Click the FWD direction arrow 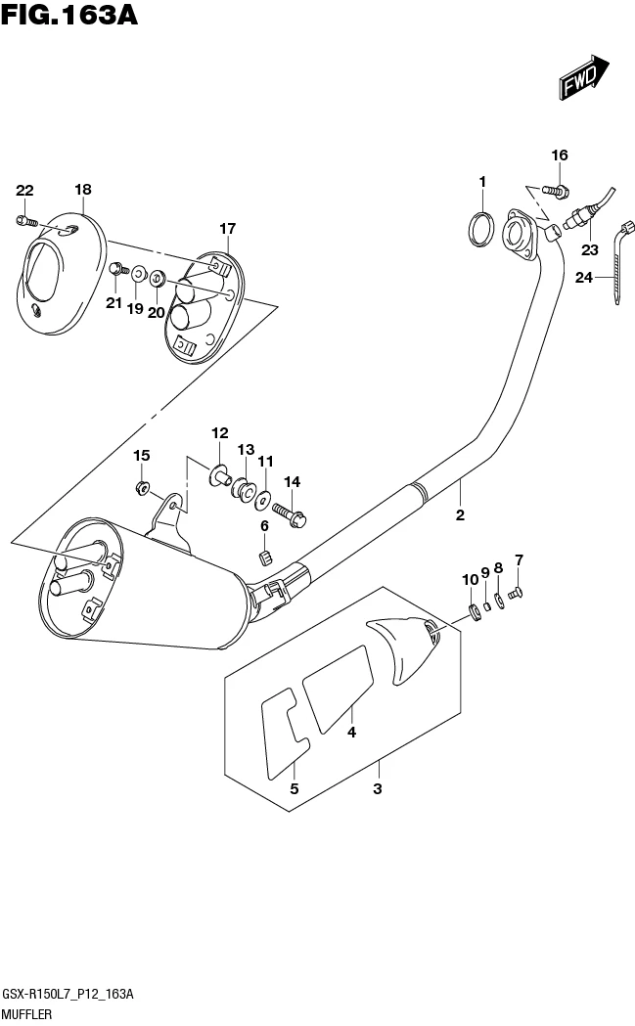[x=586, y=78]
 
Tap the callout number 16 [x=559, y=156]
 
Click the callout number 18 [x=83, y=190]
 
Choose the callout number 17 [x=227, y=229]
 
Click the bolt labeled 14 [x=289, y=512]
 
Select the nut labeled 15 [x=143, y=486]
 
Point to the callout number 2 [x=459, y=514]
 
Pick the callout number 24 [x=584, y=278]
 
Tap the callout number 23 [x=590, y=249]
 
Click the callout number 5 [x=292, y=788]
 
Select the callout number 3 [x=378, y=788]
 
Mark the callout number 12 [x=218, y=433]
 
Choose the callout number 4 [x=350, y=732]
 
